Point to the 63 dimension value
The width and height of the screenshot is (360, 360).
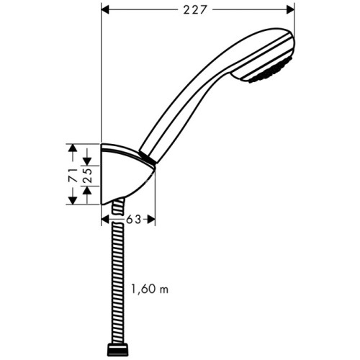pos(133,220)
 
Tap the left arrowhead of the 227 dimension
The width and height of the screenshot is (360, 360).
pos(104,9)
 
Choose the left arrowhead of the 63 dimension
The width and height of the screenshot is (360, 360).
pos(105,220)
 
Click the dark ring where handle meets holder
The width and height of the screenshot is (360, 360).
pos(147,158)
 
